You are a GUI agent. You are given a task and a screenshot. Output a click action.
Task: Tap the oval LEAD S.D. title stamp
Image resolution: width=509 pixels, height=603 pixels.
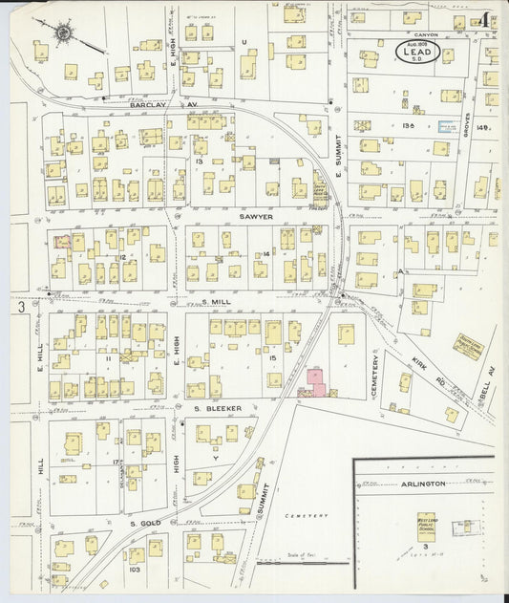click(x=418, y=53)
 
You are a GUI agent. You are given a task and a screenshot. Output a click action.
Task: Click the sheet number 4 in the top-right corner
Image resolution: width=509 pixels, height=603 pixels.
click(x=486, y=19)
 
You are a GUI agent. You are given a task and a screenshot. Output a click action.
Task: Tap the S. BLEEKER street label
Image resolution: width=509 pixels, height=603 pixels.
click(x=218, y=408)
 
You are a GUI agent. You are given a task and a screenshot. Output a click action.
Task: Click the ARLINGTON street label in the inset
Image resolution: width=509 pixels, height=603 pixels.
click(x=422, y=484)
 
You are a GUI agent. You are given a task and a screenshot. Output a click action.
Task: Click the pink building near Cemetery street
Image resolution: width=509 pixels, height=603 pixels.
click(x=316, y=382)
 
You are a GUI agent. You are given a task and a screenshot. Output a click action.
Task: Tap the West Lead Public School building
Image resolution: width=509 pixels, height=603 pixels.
click(x=426, y=527)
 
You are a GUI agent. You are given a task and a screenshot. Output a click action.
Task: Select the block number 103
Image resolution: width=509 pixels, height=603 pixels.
click(x=134, y=569)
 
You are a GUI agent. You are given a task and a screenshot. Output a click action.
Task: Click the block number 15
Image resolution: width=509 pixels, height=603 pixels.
click(x=273, y=357)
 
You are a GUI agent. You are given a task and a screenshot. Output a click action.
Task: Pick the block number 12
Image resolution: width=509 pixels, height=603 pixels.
click(x=122, y=257)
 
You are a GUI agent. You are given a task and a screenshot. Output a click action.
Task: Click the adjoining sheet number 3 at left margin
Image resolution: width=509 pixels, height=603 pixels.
click(x=19, y=308)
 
